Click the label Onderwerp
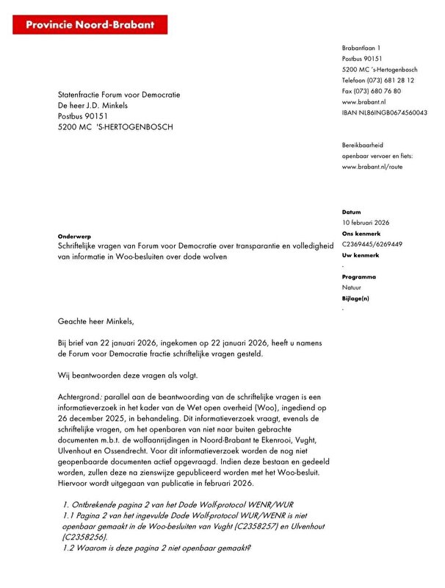[x=75, y=236]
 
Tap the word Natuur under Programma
[x=352, y=288]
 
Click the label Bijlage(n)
[x=355, y=298]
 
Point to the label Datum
[x=352, y=211]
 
